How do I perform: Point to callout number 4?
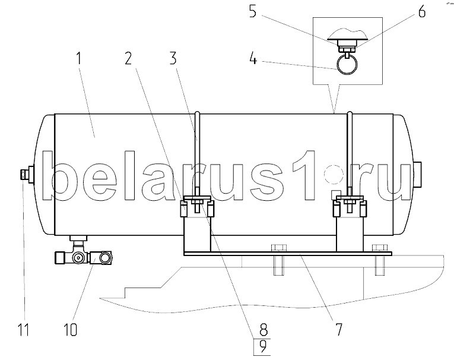click(x=253, y=59)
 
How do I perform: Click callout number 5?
click(x=253, y=12)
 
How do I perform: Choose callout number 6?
click(x=422, y=12)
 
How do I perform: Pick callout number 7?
click(x=338, y=329)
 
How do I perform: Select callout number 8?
click(x=263, y=330)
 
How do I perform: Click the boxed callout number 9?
click(x=262, y=347)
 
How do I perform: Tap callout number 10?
click(x=70, y=329)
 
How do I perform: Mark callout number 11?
click(x=24, y=329)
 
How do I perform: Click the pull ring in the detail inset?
click(x=347, y=64)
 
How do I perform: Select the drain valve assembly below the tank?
click(x=84, y=252)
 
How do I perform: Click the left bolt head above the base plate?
click(x=278, y=248)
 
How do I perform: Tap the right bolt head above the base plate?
click(x=380, y=248)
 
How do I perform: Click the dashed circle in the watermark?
click(x=334, y=175)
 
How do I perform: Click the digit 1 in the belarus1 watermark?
click(x=304, y=175)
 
